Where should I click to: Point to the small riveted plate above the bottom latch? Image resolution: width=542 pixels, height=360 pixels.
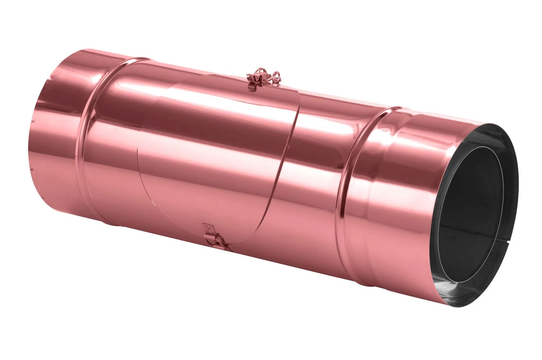click(208, 228)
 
